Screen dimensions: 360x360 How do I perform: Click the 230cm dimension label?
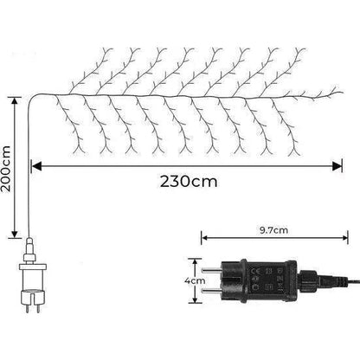[x=189, y=182]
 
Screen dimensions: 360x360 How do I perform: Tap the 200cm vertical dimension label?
[x=6, y=169]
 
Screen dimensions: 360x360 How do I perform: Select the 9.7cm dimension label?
[x=273, y=230]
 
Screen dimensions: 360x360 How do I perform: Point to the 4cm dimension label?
[x=196, y=280]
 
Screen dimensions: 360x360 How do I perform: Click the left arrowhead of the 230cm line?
[x=36, y=166]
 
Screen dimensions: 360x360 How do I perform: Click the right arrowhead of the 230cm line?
[x=337, y=166]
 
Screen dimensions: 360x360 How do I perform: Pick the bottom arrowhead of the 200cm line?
[x=15, y=234]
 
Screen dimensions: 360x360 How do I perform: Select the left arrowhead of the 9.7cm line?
[x=204, y=238]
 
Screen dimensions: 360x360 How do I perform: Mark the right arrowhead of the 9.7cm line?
[x=344, y=238]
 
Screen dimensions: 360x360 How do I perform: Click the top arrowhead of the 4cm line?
[x=196, y=261]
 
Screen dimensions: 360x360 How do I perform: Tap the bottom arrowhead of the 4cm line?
[x=196, y=300]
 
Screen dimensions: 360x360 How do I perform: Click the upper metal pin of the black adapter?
[x=211, y=271]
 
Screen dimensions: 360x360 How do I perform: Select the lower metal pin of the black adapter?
[x=211, y=291]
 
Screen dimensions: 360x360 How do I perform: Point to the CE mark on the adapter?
[x=255, y=271]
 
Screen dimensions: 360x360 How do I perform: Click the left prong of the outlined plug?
[x=27, y=309]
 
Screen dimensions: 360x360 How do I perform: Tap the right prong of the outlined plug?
[x=38, y=309]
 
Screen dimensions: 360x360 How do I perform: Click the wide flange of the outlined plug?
[x=33, y=267]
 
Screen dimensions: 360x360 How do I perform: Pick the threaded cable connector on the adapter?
[x=307, y=280]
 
